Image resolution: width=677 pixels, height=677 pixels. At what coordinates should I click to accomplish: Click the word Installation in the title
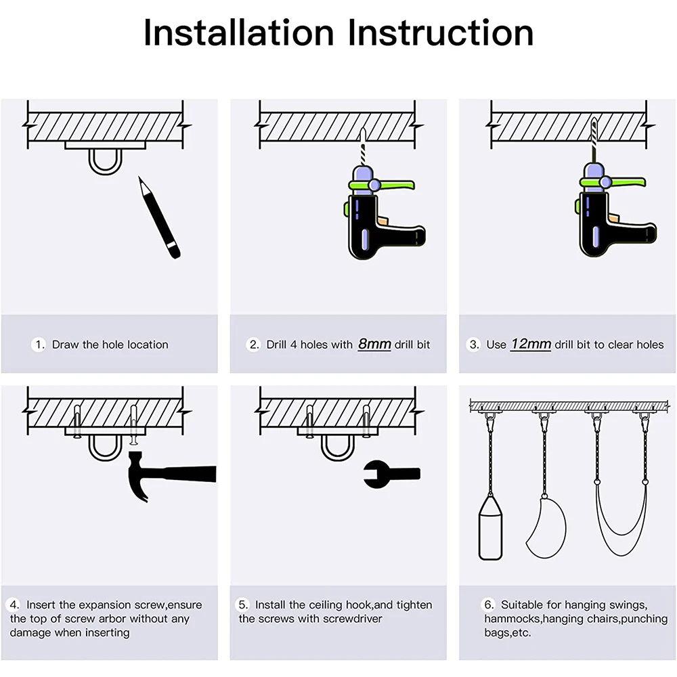(238, 32)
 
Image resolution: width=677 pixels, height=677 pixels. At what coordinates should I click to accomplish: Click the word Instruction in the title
(441, 32)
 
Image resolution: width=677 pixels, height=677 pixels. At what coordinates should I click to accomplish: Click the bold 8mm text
(374, 344)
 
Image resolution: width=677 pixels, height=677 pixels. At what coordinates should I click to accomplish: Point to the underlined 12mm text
(531, 344)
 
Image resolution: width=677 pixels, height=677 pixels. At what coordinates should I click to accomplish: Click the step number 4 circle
(14, 605)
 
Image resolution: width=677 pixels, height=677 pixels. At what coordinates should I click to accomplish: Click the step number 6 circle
(487, 605)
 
